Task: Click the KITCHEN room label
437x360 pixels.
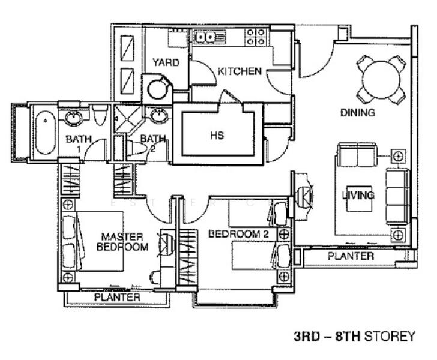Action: tap(240, 71)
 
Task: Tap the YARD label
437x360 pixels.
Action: tap(166, 62)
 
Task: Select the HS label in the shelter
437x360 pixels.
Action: tap(217, 136)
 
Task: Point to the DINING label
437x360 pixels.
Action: tap(358, 113)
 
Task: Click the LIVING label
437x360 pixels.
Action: tap(358, 195)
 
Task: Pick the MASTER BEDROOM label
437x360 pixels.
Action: tap(122, 242)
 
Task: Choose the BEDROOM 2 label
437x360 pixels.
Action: tap(238, 234)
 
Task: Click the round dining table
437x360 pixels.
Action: tap(381, 79)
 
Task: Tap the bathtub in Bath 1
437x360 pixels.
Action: tap(46, 133)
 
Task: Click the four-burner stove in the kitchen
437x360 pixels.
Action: tap(255, 37)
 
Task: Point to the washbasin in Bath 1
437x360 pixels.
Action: tap(74, 117)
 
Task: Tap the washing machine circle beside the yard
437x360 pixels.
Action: tap(157, 89)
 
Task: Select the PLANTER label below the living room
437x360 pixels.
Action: tap(351, 256)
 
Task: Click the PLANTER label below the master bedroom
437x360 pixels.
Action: tap(117, 298)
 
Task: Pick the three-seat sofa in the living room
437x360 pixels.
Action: tap(397, 197)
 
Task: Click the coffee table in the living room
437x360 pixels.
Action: tap(359, 199)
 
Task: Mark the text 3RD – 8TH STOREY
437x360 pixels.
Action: tap(355, 336)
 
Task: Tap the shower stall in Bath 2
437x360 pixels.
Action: tap(128, 119)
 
